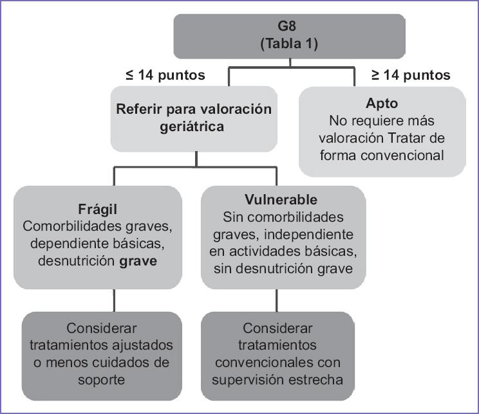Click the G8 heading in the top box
(x=289, y=30)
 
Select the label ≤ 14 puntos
(x=165, y=75)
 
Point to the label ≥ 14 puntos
(x=411, y=75)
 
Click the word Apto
(x=381, y=104)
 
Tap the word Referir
(x=140, y=109)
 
